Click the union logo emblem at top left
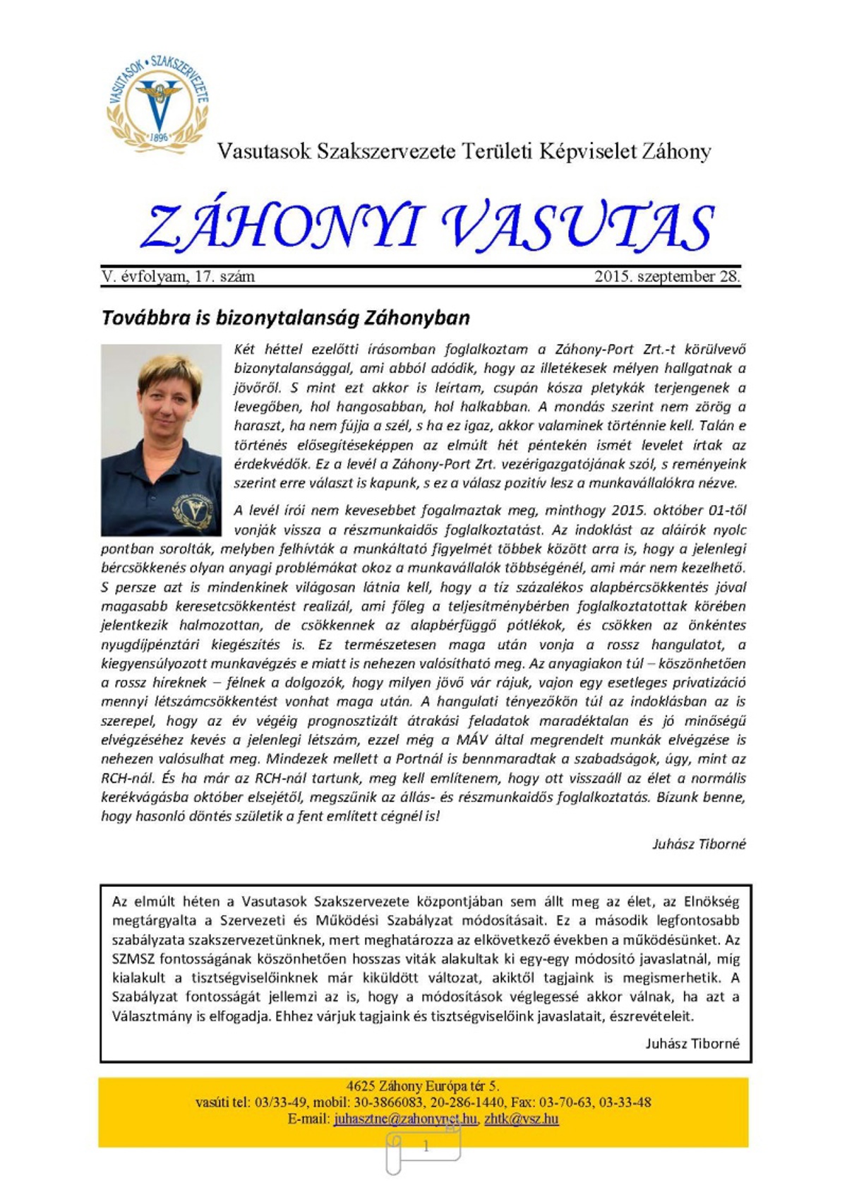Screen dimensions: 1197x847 [x=157, y=102]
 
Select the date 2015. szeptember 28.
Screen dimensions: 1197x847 [x=667, y=277]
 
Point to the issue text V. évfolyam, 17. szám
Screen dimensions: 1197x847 [x=178, y=277]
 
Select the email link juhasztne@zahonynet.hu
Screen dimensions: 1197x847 [x=405, y=1119]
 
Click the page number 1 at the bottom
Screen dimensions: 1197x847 [x=426, y=1147]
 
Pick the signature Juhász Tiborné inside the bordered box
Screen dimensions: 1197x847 [x=692, y=1043]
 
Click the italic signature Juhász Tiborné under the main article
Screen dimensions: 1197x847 [x=698, y=844]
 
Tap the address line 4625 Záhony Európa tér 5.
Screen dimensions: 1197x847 [x=423, y=1086]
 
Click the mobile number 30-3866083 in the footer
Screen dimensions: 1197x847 [x=391, y=1102]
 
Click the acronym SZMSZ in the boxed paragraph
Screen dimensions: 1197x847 [x=133, y=959]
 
